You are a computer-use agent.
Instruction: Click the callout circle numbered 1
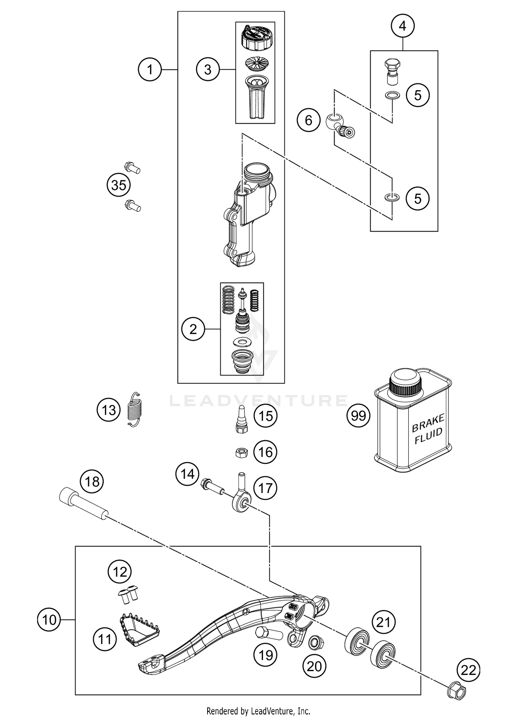pyautogui.click(x=149, y=70)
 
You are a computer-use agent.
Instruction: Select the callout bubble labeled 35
pyautogui.click(x=119, y=186)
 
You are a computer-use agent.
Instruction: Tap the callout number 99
pyautogui.click(x=358, y=416)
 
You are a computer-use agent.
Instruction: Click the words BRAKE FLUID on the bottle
pyautogui.click(x=428, y=430)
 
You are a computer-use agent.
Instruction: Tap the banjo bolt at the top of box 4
pyautogui.click(x=392, y=71)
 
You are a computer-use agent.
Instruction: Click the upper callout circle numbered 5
pyautogui.click(x=417, y=95)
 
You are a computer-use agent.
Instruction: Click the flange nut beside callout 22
pyautogui.click(x=456, y=691)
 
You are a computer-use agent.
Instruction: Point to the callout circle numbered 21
pyautogui.click(x=383, y=622)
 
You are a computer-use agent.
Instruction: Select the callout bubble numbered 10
pyautogui.click(x=49, y=620)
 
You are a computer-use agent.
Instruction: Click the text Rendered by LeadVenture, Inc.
pyautogui.click(x=258, y=711)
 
